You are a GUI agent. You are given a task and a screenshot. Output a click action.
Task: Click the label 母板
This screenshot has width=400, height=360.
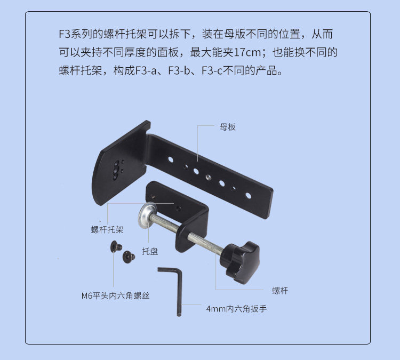pyautogui.click(x=228, y=127)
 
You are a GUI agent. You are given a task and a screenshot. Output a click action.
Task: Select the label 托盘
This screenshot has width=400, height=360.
pyautogui.click(x=150, y=251)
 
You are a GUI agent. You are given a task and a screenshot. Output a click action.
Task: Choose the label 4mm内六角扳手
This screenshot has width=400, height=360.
pyautogui.click(x=236, y=309)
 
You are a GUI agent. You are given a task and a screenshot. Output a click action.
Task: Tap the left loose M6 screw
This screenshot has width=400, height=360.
pyautogui.click(x=113, y=246)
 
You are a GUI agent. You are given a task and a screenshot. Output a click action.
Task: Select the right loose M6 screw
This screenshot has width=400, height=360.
pyautogui.click(x=129, y=257)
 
